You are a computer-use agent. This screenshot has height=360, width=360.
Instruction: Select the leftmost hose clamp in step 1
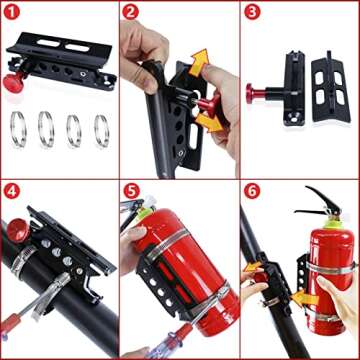(19, 128)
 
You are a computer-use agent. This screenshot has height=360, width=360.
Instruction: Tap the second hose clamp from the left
(47, 128)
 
